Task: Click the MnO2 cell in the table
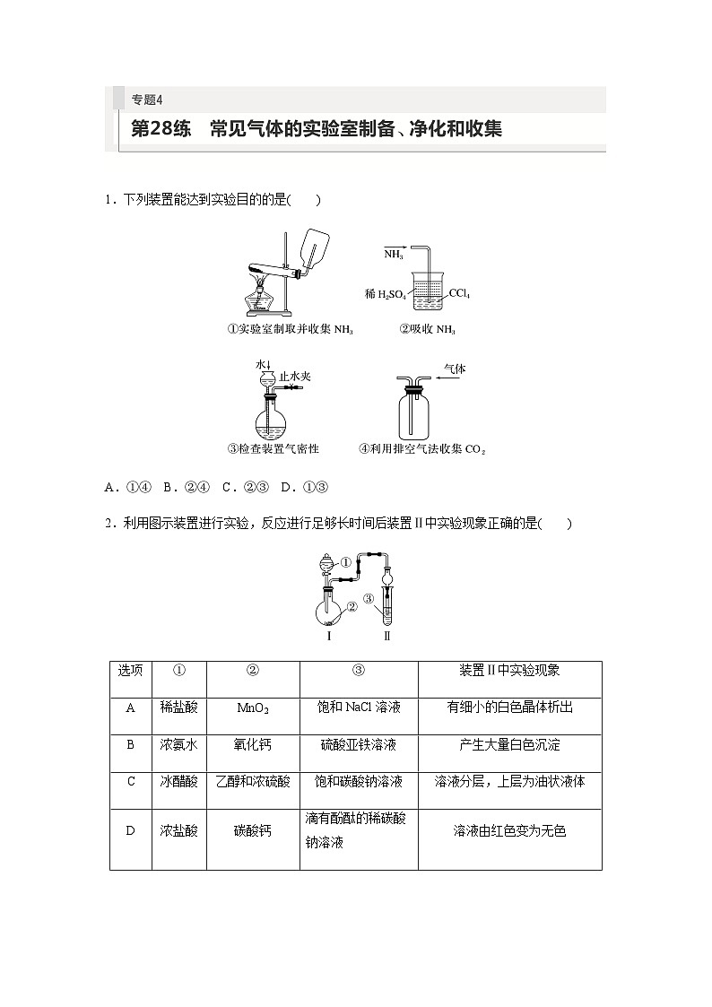[253, 708]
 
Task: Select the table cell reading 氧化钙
[253, 744]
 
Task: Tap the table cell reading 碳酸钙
[253, 831]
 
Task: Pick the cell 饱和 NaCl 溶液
[359, 708]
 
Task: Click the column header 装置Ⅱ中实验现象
[509, 671]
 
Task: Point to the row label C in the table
[130, 781]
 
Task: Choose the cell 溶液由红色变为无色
[509, 831]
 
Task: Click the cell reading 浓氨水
[178, 744]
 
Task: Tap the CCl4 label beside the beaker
[459, 293]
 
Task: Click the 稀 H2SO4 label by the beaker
[386, 294]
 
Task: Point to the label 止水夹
[295, 377]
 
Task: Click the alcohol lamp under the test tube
[261, 296]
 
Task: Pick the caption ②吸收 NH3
[427, 330]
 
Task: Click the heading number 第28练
[161, 128]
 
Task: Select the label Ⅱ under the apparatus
[387, 636]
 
